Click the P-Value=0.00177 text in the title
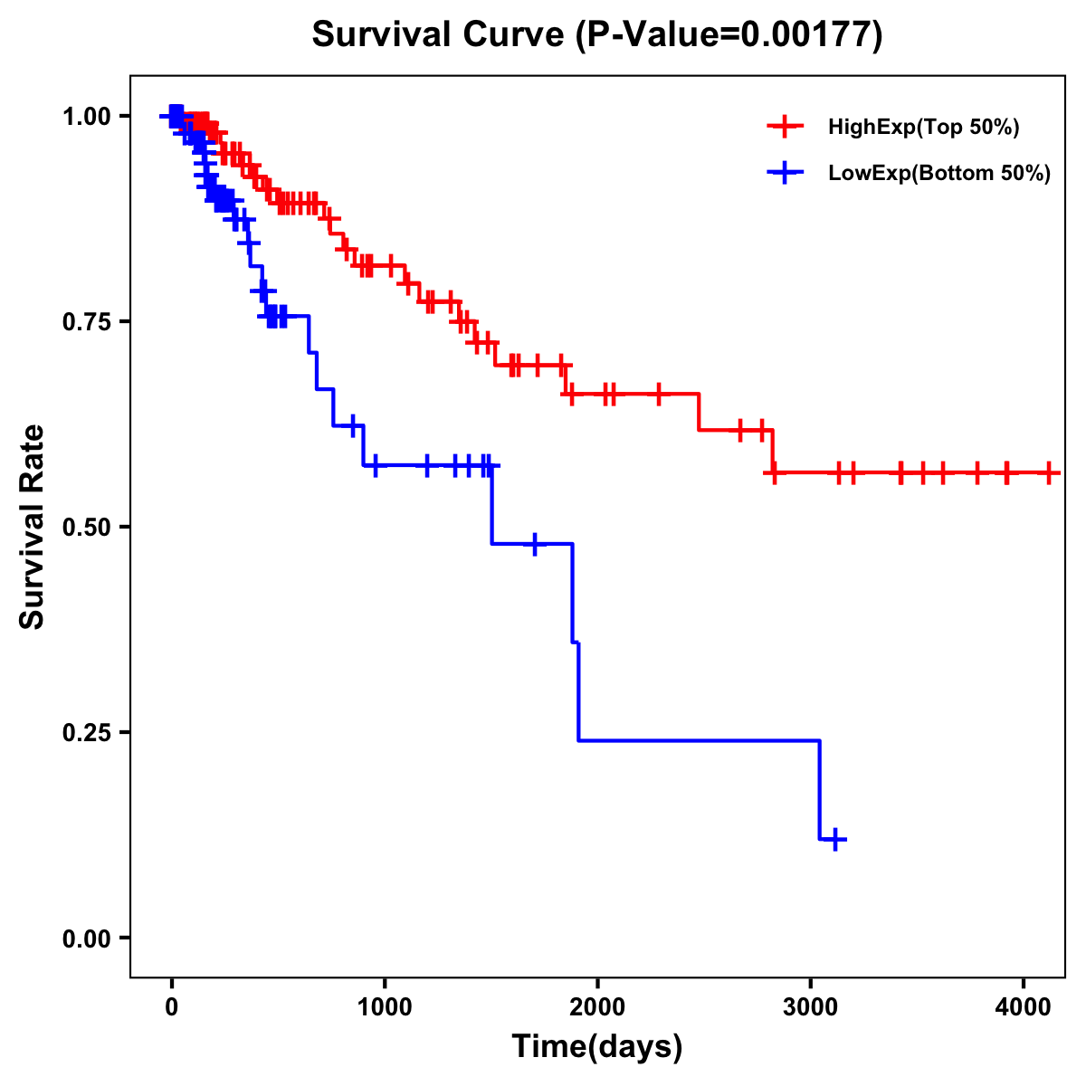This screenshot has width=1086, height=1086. pos(731,35)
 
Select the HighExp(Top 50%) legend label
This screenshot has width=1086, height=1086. pos(924,128)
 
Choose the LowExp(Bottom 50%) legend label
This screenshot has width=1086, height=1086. pos(939,174)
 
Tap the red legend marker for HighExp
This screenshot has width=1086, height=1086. pos(785,127)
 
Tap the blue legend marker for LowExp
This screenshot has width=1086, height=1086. pos(785,173)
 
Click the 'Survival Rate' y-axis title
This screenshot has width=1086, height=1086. pos(33,527)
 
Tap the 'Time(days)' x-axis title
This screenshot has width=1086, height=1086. pos(597,1047)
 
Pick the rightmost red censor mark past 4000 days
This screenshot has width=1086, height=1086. pos(1049,472)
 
